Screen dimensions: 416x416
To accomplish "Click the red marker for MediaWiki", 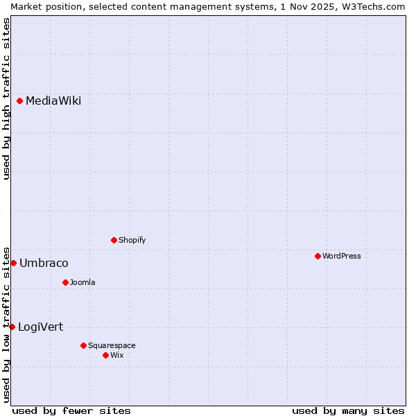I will click(20, 101).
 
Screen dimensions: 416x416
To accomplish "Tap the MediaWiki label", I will click(53, 101).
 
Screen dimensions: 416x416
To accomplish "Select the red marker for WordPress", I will click(318, 256).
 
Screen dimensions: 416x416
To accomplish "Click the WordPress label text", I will click(342, 256).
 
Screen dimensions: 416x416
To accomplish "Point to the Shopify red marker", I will click(114, 240).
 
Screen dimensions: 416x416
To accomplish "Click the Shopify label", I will click(132, 240).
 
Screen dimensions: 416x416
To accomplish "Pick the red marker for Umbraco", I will click(13, 263).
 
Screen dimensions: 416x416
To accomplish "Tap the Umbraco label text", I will click(44, 263).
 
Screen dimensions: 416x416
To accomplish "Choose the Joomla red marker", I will click(66, 282).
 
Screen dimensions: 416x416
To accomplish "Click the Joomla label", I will click(83, 282).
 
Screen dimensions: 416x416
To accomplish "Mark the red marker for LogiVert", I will click(12, 327).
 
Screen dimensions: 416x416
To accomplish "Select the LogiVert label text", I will click(40, 327).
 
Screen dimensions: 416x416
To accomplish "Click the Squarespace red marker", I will click(84, 345).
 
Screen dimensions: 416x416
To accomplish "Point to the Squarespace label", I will click(112, 345).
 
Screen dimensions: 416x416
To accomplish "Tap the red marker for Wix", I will click(106, 355).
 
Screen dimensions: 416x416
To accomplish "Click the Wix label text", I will click(116, 355).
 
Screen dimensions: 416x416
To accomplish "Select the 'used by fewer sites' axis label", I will click(71, 410).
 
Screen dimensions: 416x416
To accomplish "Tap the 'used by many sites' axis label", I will click(348, 410).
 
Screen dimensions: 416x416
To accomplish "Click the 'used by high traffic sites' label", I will click(6, 98).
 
